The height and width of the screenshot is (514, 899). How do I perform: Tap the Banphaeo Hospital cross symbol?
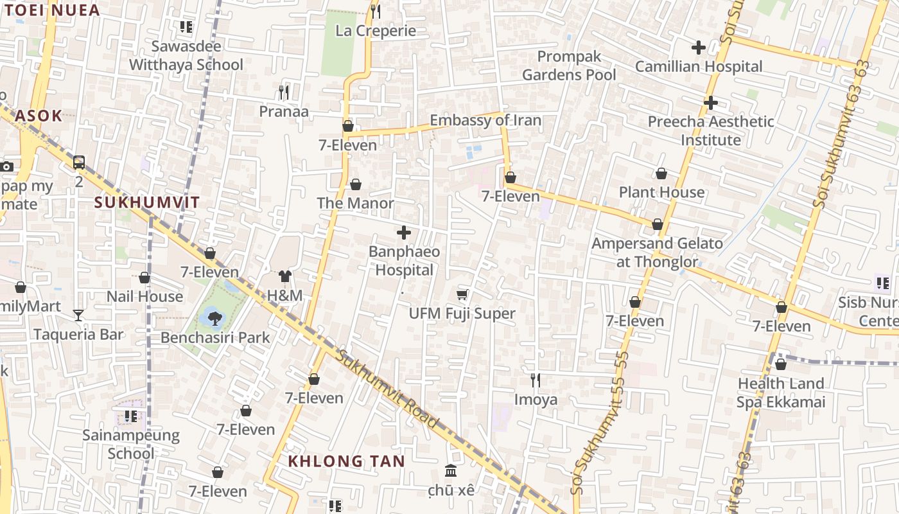(404, 232)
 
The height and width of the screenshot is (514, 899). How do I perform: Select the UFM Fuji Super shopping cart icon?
(462, 294)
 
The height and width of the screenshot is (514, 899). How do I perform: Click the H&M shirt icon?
(285, 276)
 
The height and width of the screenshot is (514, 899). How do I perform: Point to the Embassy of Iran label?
(485, 120)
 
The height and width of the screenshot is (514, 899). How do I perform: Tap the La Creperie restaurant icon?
(376, 11)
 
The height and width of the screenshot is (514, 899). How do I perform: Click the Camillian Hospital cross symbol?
(698, 47)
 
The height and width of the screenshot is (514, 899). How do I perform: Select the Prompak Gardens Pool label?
(569, 66)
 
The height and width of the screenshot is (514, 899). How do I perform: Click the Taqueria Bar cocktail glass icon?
(78, 315)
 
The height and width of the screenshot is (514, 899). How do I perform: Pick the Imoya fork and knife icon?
(536, 380)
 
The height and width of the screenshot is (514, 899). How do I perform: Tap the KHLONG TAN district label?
(346, 461)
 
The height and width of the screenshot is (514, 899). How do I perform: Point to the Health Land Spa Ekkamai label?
(780, 393)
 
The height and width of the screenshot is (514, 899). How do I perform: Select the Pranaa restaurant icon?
(284, 92)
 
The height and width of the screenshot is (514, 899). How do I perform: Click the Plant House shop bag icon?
(661, 173)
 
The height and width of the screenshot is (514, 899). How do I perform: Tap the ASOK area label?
(39, 116)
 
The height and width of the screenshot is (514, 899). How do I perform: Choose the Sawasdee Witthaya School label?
(186, 55)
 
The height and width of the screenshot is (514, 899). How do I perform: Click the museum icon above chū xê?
(451, 471)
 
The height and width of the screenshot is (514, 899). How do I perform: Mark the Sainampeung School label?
(131, 444)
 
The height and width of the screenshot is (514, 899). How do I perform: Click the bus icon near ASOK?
(79, 162)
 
